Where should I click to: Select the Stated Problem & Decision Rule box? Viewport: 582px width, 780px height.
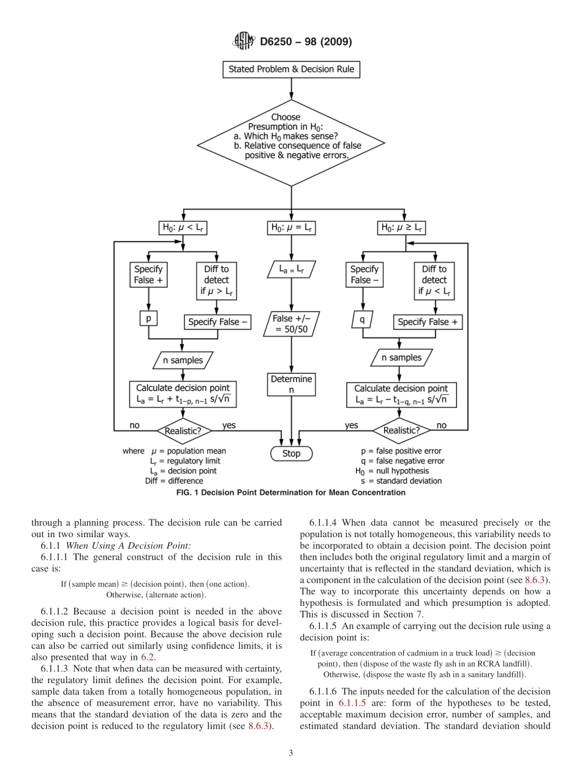click(291, 69)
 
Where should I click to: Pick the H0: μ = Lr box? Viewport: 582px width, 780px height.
click(291, 228)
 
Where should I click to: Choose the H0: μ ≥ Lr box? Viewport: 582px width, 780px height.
click(402, 228)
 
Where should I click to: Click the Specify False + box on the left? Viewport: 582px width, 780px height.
click(148, 274)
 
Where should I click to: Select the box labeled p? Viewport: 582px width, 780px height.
click(148, 319)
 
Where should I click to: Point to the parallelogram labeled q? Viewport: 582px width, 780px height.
click(363, 319)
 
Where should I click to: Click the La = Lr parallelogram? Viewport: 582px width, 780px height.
click(291, 269)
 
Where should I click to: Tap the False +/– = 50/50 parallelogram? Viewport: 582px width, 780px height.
click(291, 324)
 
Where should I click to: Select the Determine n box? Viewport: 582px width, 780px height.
click(291, 384)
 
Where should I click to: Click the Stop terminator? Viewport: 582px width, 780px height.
click(291, 454)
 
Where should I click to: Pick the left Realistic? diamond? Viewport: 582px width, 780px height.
click(183, 430)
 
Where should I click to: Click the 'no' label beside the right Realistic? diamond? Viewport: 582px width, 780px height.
click(441, 425)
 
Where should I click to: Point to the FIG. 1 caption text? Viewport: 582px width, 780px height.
click(291, 492)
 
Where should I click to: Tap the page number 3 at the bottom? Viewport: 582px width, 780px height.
click(291, 754)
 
